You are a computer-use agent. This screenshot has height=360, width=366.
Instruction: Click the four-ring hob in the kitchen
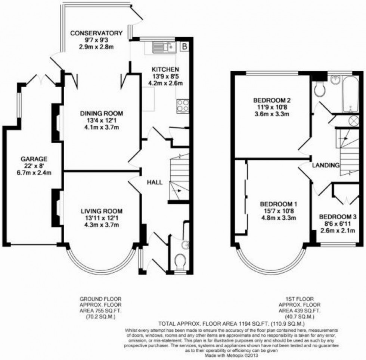[x=182, y=105]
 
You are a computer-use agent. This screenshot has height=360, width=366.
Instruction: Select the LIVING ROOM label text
[x=102, y=212]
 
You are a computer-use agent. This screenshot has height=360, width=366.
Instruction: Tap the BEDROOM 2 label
[x=272, y=100]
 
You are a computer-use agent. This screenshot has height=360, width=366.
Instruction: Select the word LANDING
[x=326, y=165]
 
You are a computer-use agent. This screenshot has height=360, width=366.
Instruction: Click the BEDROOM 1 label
[x=278, y=204]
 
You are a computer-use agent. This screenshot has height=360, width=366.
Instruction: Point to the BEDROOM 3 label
[x=338, y=217]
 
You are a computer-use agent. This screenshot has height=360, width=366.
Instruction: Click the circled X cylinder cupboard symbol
[x=353, y=121]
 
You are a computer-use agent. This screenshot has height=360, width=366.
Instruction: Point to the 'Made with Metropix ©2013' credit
[x=232, y=356]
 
